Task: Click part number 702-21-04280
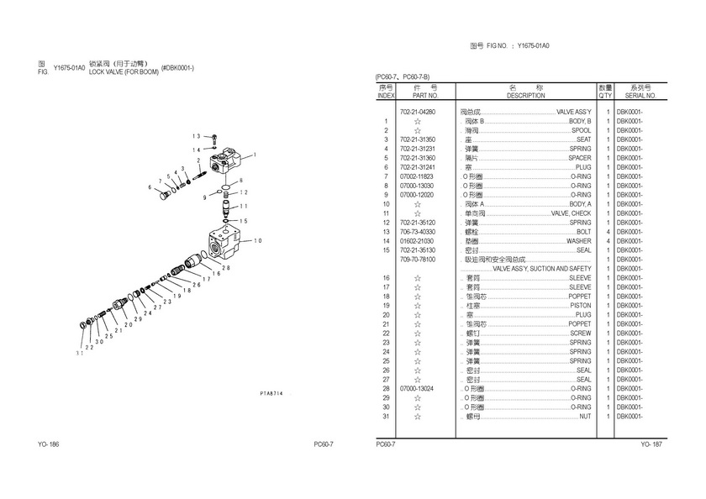(x=418, y=112)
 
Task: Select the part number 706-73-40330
(x=418, y=232)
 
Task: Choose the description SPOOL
(x=581, y=130)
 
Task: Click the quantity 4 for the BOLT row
(x=607, y=232)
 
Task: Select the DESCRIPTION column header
(x=526, y=96)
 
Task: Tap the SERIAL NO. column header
(x=640, y=96)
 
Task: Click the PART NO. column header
(x=418, y=96)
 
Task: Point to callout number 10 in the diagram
(x=259, y=241)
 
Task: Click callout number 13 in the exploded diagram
(x=196, y=136)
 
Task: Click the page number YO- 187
(x=651, y=444)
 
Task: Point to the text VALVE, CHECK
(x=571, y=213)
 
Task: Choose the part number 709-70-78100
(x=418, y=260)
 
